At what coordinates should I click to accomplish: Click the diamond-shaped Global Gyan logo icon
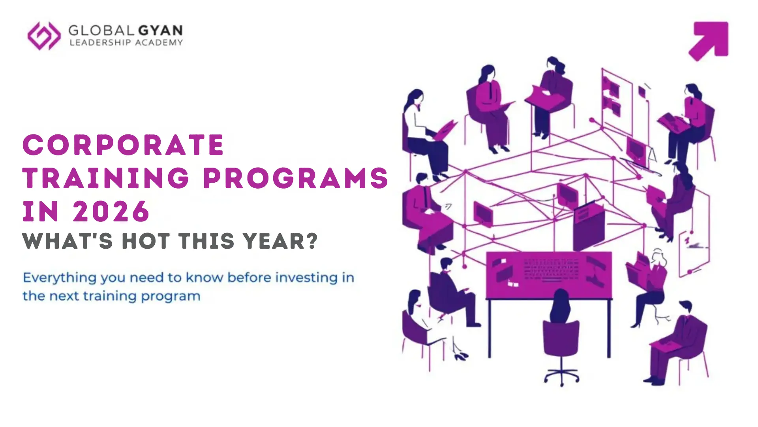(x=44, y=36)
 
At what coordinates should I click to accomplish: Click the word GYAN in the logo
(x=160, y=30)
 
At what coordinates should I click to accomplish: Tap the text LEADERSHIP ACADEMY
(x=126, y=43)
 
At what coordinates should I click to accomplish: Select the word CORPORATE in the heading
(x=124, y=145)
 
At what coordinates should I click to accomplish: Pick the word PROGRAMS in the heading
(x=296, y=178)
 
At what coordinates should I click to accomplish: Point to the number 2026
(x=111, y=211)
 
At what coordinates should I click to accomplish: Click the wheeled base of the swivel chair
(x=561, y=376)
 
